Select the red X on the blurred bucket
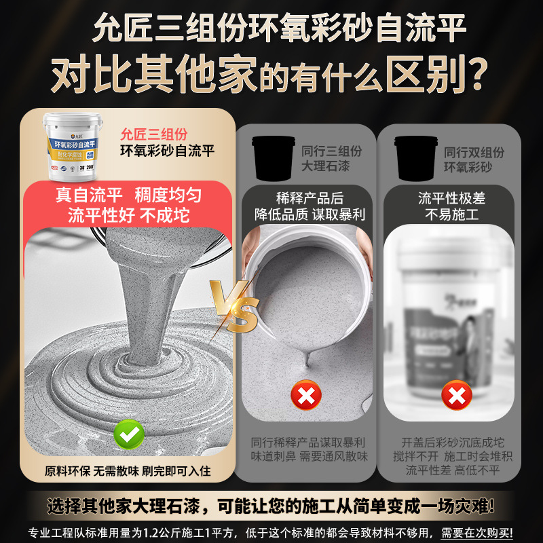click(457, 394)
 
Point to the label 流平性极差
click(451, 198)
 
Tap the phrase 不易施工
click(451, 215)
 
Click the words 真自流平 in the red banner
click(89, 195)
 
